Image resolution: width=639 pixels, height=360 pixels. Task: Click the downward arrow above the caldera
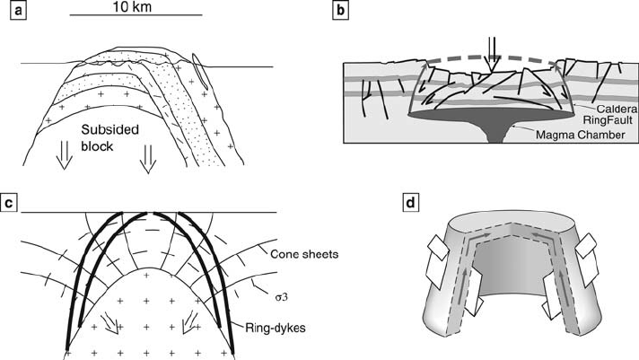(489, 50)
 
